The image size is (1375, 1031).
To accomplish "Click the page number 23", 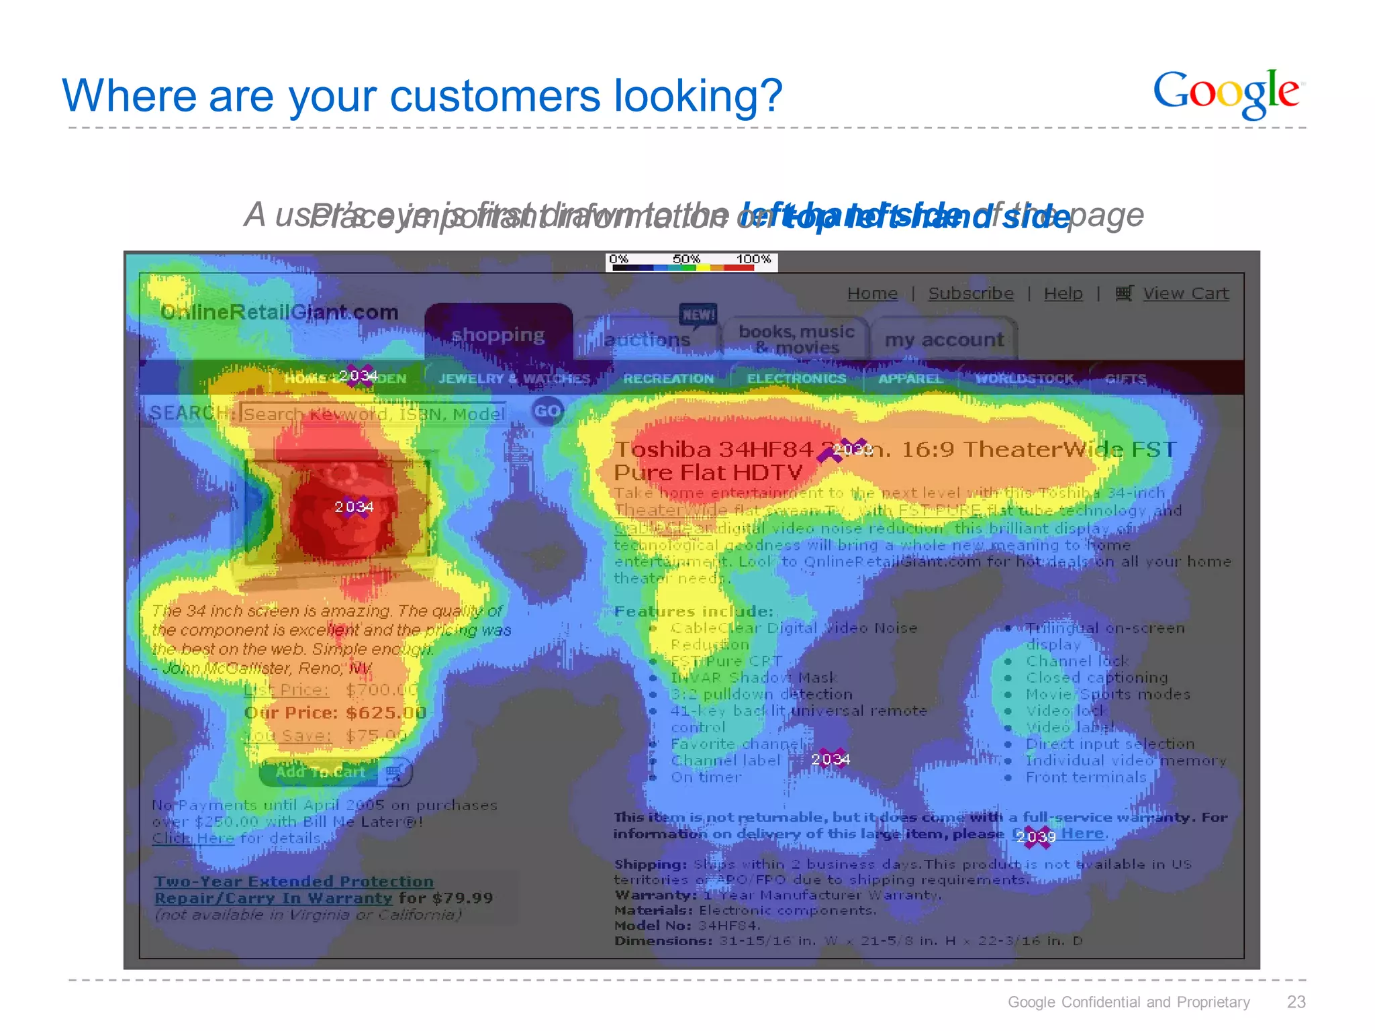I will pyautogui.click(x=1296, y=1002).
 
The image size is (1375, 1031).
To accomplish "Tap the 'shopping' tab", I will pyautogui.click(x=498, y=335).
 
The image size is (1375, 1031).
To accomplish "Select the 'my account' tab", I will pyautogui.click(x=944, y=340).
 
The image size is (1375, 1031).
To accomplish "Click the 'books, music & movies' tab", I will pyautogui.click(x=796, y=340).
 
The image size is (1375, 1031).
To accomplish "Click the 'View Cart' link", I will pyautogui.click(x=1185, y=294).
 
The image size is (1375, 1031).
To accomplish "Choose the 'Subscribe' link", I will pyautogui.click(x=971, y=294).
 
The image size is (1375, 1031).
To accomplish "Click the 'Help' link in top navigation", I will pyautogui.click(x=1063, y=294).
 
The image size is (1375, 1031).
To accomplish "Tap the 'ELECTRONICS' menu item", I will pyautogui.click(x=796, y=379).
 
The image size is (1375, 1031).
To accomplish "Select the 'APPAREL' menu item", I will pyautogui.click(x=910, y=379).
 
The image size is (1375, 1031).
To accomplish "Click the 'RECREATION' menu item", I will pyautogui.click(x=668, y=379).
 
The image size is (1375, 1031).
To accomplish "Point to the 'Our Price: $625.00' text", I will pyautogui.click(x=335, y=713).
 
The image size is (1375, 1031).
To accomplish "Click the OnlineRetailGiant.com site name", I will pyautogui.click(x=279, y=313).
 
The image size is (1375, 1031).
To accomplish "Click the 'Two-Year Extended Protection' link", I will pyautogui.click(x=293, y=881).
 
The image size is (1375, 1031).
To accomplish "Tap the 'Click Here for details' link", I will pyautogui.click(x=193, y=838).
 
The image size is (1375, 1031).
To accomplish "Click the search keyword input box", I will pyautogui.click(x=374, y=414).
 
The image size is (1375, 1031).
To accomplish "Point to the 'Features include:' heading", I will pyautogui.click(x=694, y=611).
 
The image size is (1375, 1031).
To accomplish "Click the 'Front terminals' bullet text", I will pyautogui.click(x=1086, y=777).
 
